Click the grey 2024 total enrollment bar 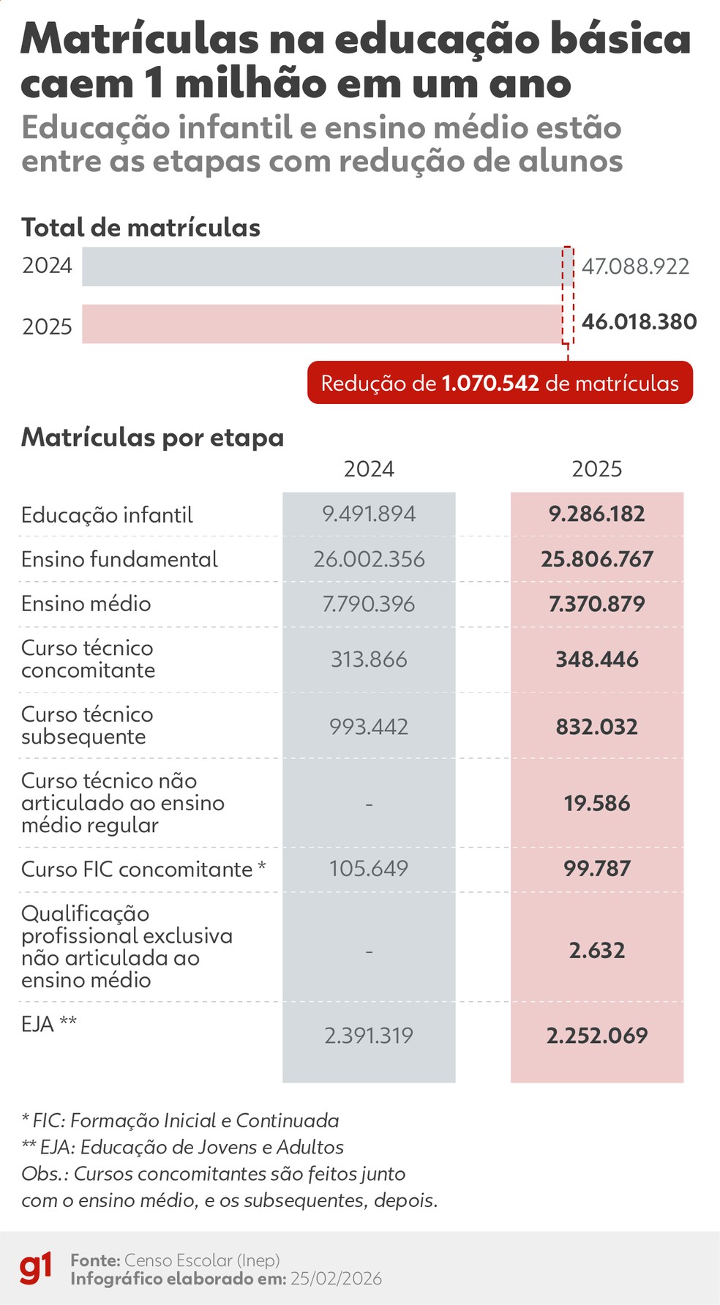click(322, 266)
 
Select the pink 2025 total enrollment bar click(322, 324)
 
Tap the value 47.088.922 click(635, 266)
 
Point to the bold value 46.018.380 click(639, 322)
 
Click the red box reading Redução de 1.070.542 click(500, 383)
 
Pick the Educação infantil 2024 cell click(369, 514)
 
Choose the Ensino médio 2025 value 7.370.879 click(597, 605)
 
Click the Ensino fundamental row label click(119, 560)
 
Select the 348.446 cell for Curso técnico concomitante click(597, 659)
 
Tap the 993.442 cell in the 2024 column click(369, 727)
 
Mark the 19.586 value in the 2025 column click(597, 804)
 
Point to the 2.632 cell click(597, 951)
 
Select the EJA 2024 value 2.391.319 click(369, 1036)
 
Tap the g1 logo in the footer click(36, 1268)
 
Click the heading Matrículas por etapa click(152, 438)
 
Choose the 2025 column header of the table click(597, 469)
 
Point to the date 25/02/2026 click(336, 1279)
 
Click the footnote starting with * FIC click(180, 1121)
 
